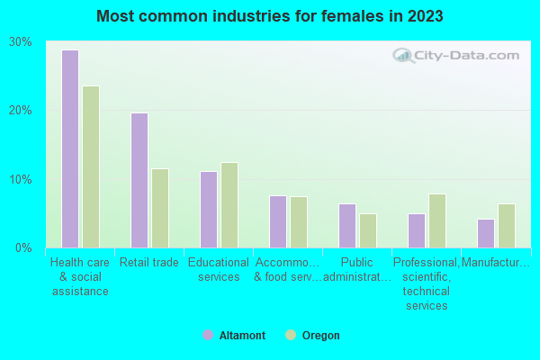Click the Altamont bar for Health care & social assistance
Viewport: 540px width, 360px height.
(70, 148)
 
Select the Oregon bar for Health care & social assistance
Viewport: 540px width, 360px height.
(91, 166)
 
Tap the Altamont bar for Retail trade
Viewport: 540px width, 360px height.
(139, 180)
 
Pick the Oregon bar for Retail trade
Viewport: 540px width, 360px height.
(160, 208)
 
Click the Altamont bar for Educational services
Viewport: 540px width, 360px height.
(209, 209)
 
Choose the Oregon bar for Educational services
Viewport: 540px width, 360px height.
(229, 205)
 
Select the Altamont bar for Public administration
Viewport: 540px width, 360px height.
(347, 225)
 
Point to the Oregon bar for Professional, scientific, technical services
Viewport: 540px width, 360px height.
(437, 220)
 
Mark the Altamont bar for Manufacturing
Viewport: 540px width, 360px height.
(486, 233)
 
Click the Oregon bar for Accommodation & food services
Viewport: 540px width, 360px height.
(299, 221)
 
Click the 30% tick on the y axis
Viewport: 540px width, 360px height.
(21, 42)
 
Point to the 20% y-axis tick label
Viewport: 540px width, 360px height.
(21, 111)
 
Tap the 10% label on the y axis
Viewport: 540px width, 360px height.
(21, 179)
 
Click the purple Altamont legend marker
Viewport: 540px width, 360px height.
(208, 335)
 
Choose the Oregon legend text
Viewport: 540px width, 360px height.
(320, 336)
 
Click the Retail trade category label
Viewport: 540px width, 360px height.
(149, 263)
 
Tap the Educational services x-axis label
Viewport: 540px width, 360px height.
(219, 270)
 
